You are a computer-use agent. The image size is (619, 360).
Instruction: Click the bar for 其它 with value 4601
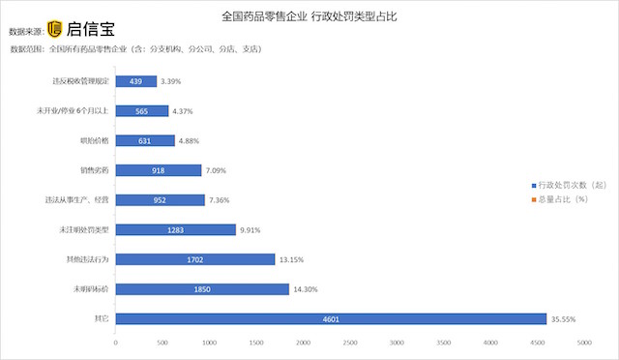[x=331, y=318]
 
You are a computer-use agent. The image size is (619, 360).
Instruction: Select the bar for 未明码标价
[x=202, y=289]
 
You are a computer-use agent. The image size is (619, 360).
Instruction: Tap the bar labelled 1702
[x=195, y=259]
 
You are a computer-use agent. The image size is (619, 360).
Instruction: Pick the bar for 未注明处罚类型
[x=175, y=229]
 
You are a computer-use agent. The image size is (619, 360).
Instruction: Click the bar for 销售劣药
[x=159, y=170]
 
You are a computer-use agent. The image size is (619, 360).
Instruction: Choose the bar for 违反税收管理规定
[x=136, y=81]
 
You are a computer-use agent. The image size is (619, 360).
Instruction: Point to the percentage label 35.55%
[x=564, y=318]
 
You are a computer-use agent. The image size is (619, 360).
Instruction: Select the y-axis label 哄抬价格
[x=95, y=140]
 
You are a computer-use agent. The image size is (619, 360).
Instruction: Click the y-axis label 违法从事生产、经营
[x=77, y=200]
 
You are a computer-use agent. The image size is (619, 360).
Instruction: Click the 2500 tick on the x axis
[x=350, y=343]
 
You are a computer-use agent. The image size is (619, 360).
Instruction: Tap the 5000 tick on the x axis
[x=584, y=343]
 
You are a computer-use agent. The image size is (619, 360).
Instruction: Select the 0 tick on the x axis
[x=116, y=343]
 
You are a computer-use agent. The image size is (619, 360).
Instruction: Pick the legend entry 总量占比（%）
[x=561, y=198]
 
